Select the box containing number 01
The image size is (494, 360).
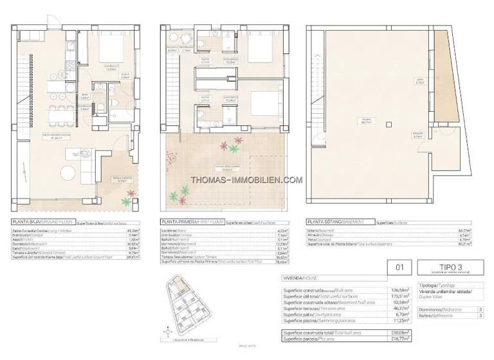[x=399, y=267]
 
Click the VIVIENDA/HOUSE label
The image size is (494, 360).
[x=298, y=280]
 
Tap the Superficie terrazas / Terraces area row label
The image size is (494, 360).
[x=315, y=308]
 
